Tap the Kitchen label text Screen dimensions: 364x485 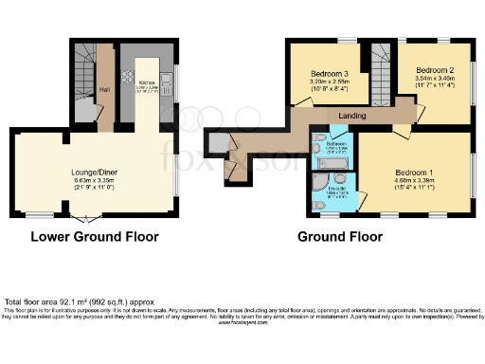tap(147, 83)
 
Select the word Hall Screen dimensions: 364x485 tap(105, 91)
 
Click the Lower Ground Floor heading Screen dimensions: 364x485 tap(95, 236)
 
